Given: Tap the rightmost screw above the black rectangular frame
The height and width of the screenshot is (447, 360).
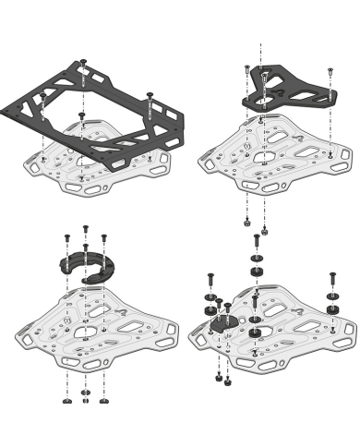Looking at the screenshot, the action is pyautogui.click(x=150, y=96).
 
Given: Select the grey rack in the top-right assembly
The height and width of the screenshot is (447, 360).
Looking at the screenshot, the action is pyautogui.click(x=277, y=148).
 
